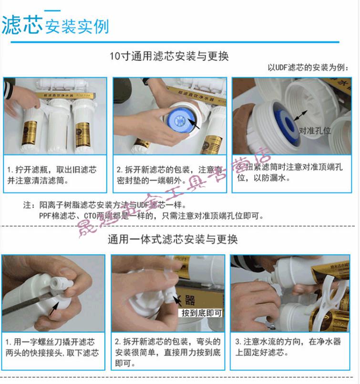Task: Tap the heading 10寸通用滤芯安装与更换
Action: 169,56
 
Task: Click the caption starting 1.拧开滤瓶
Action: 51,175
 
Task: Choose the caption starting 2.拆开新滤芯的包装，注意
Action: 169,175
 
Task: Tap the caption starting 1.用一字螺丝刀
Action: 52,347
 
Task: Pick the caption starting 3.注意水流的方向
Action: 288,347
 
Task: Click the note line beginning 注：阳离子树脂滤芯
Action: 105,206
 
